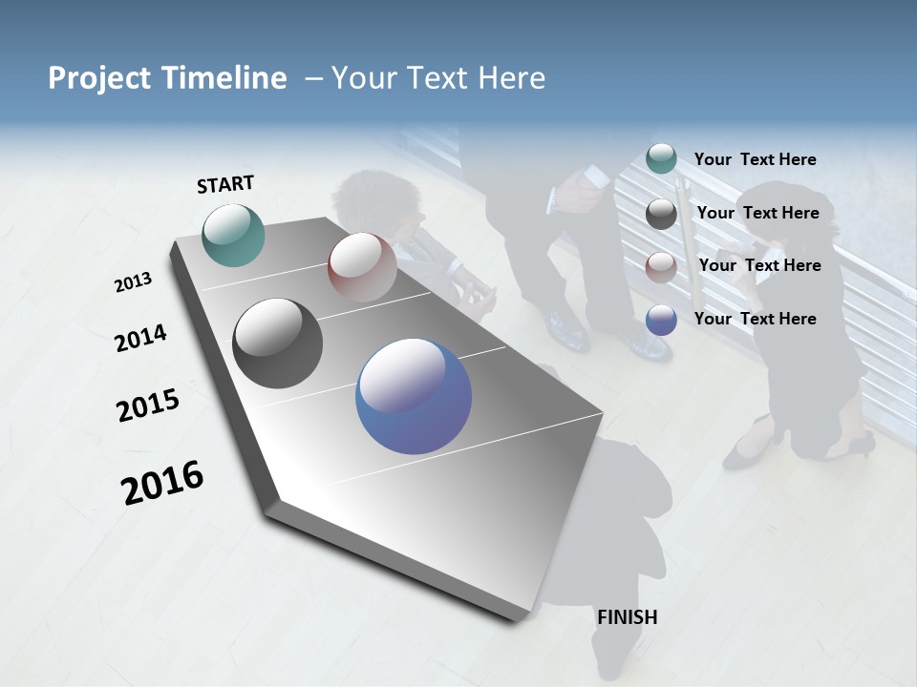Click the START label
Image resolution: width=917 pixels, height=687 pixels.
tap(225, 184)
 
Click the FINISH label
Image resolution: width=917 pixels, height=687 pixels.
tap(628, 617)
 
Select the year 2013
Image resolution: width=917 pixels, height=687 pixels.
tap(133, 282)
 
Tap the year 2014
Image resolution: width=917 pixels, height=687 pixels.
tap(140, 338)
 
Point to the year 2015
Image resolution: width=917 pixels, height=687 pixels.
tap(148, 406)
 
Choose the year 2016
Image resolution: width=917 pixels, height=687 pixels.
tap(162, 483)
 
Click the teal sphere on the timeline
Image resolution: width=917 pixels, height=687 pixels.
tap(233, 235)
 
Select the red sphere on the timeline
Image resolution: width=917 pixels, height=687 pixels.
tap(362, 267)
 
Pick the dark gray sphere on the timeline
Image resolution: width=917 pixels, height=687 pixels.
tap(278, 343)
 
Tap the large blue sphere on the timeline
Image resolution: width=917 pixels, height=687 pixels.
tap(414, 396)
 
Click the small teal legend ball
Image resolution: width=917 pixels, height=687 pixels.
tap(661, 159)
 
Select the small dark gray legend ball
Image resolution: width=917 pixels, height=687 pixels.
tap(661, 214)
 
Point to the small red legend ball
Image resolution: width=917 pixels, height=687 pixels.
tap(661, 267)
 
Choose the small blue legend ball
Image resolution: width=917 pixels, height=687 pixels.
tap(661, 320)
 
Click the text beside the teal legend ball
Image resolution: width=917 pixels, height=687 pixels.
tap(755, 159)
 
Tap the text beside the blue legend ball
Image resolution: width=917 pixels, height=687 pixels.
tap(755, 319)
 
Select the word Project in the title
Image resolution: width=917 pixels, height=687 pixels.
tap(98, 78)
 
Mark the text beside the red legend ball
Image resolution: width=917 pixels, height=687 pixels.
tap(759, 265)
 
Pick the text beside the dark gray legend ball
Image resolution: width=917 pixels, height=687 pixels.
tap(757, 213)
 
